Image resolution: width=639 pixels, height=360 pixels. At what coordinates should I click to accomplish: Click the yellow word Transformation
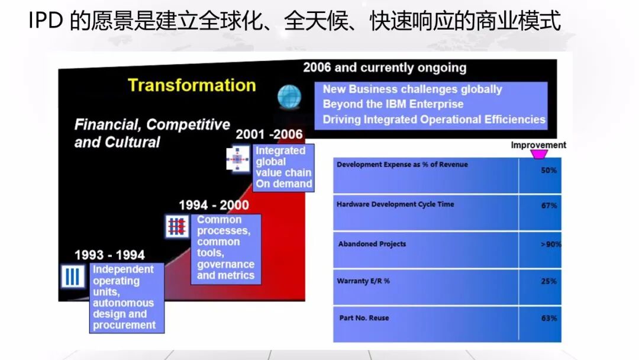click(192, 85)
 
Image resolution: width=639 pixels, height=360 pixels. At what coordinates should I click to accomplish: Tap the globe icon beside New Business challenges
click(289, 97)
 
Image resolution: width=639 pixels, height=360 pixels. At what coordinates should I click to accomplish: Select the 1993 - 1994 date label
click(109, 255)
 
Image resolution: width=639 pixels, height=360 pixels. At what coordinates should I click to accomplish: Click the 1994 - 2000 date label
click(214, 205)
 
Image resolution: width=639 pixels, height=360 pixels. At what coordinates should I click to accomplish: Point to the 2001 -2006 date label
click(269, 135)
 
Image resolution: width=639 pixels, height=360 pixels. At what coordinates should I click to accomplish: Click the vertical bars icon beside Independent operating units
click(72, 277)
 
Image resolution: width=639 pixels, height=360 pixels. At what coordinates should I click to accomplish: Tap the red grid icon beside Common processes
click(177, 226)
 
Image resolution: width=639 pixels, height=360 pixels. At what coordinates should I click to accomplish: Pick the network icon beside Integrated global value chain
click(238, 160)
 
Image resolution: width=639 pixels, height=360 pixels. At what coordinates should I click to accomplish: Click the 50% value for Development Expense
click(548, 170)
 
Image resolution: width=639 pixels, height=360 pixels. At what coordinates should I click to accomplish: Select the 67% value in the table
click(548, 206)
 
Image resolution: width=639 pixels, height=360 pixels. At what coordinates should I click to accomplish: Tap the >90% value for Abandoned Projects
click(550, 244)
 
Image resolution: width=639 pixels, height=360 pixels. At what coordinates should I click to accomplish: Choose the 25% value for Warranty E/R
click(548, 281)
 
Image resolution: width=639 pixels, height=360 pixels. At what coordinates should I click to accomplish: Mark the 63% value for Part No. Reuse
click(548, 319)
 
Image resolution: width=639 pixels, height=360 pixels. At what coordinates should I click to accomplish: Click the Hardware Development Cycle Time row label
click(395, 204)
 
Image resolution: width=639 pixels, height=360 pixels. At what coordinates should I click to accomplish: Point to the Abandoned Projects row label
click(372, 244)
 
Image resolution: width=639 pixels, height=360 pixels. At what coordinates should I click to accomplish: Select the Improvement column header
click(538, 145)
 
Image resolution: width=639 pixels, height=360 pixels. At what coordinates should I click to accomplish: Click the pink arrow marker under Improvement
click(538, 155)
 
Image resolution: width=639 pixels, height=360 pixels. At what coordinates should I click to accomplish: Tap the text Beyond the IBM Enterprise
click(393, 104)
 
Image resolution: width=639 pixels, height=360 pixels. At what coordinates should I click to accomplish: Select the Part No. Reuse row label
click(364, 318)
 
